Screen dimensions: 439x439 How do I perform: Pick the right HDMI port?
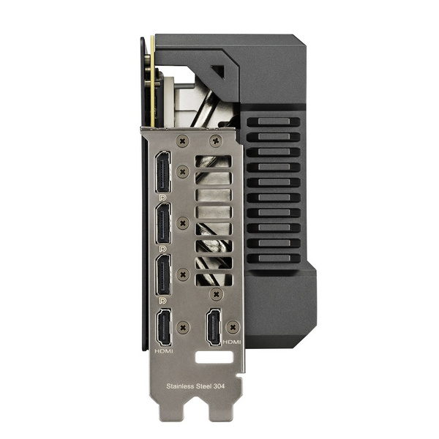pos(213,327)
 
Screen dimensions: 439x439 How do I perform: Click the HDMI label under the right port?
pos(231,342)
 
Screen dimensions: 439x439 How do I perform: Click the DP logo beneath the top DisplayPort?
pos(162,198)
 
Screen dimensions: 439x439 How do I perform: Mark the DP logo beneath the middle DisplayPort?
pos(162,249)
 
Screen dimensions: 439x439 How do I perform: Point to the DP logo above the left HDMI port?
pos(162,301)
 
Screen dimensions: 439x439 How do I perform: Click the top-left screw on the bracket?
pos(182,140)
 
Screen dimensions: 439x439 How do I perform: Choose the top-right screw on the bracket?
pos(214,140)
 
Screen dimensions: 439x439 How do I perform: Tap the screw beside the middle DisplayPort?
pos(183,222)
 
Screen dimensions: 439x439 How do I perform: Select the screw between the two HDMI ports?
pos(184,326)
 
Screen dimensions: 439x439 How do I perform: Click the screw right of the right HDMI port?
pos(232,326)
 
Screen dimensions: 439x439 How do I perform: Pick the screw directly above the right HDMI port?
pos(214,293)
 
